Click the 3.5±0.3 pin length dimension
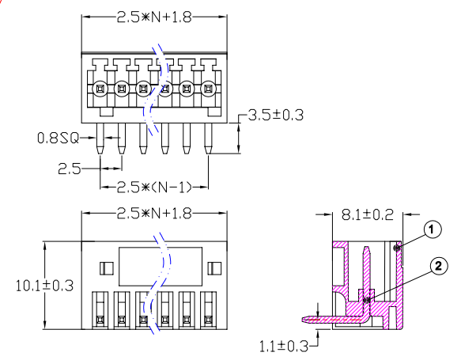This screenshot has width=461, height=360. pyautogui.click(x=275, y=115)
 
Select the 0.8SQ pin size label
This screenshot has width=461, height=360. pyautogui.click(x=59, y=138)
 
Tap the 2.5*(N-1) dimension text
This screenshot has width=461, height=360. pyautogui.click(x=154, y=187)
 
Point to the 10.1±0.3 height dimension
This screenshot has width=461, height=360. pyautogui.click(x=44, y=286)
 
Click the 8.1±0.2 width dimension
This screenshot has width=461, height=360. pyautogui.click(x=368, y=214)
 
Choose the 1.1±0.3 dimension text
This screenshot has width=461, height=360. pyautogui.click(x=284, y=347)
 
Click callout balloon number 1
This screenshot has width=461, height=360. pyautogui.click(x=432, y=229)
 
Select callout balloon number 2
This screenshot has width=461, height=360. pyautogui.click(x=439, y=266)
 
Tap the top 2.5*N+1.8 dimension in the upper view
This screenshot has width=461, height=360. pyautogui.click(x=154, y=17)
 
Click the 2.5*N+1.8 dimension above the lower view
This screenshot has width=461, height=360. pyautogui.click(x=154, y=214)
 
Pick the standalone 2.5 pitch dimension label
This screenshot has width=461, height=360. pyautogui.click(x=70, y=169)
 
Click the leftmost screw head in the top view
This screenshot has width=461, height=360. pyautogui.click(x=100, y=89)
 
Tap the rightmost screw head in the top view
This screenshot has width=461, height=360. pyautogui.click(x=209, y=89)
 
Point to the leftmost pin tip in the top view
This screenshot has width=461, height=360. pyautogui.click(x=100, y=153)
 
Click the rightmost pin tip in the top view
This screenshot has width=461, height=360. pyautogui.click(x=208, y=153)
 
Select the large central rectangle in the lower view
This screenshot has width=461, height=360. pyautogui.click(x=161, y=267)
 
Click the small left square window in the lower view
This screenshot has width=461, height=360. pyautogui.click(x=107, y=268)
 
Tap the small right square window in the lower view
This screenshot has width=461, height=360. pyautogui.click(x=214, y=268)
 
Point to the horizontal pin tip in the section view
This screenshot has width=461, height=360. pyautogui.click(x=304, y=320)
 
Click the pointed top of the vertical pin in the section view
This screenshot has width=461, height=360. pyautogui.click(x=366, y=248)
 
